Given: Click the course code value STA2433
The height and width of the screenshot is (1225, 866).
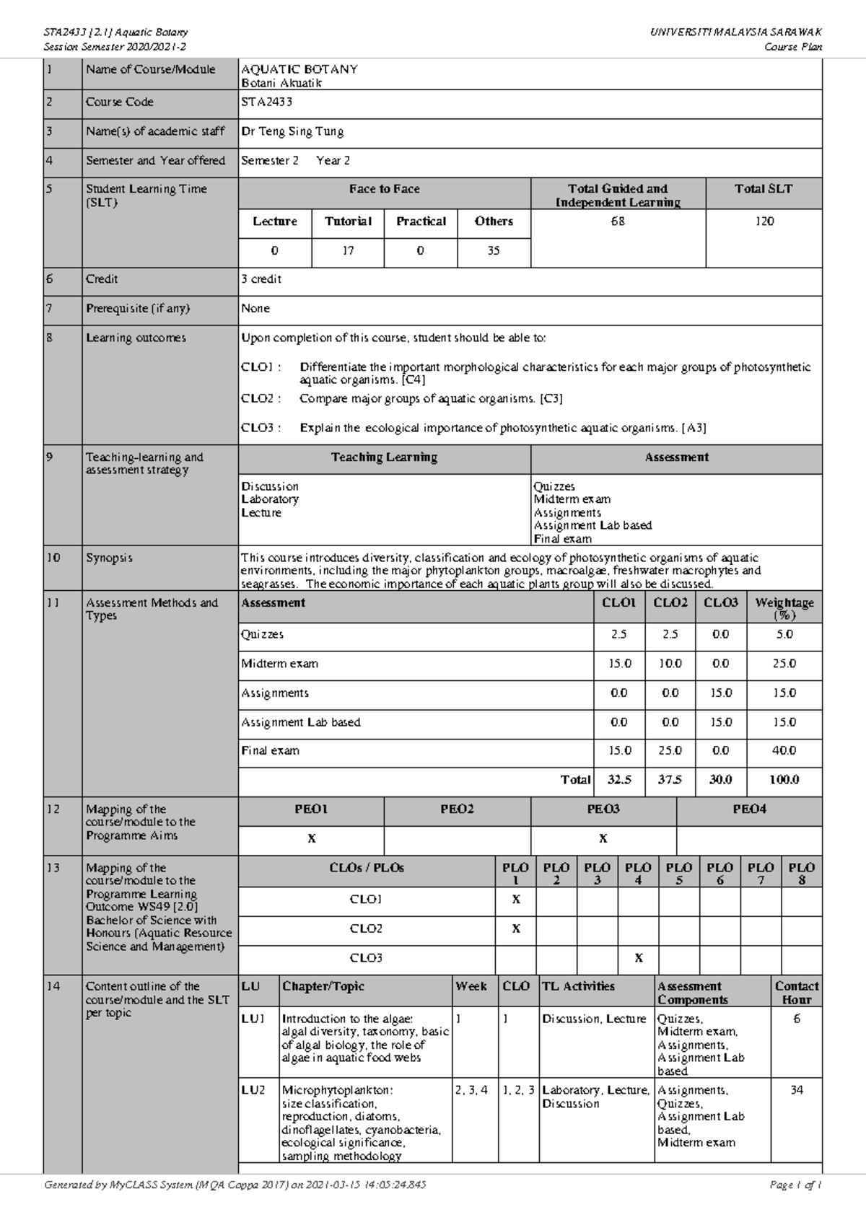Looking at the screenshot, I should tap(266, 102).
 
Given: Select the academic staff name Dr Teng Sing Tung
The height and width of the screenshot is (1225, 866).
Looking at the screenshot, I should tap(292, 132).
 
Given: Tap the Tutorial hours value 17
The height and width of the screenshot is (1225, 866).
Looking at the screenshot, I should tap(348, 251).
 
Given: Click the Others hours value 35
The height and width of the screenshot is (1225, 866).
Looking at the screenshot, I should tap(494, 251).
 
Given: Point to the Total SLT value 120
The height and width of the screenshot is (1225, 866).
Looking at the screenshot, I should tap(764, 221).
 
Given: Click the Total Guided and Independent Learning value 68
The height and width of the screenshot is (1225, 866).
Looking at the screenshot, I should tap(618, 221).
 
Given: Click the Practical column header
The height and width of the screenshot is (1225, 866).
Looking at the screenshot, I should tap(421, 221).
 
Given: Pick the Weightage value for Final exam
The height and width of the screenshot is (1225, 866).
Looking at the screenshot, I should tap(784, 751).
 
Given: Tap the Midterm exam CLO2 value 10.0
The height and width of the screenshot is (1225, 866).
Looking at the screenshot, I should tap(670, 664).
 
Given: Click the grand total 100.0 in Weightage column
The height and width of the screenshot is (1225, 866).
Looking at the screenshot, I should tap(784, 780).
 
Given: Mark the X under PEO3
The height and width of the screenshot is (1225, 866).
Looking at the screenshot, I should tap(603, 839).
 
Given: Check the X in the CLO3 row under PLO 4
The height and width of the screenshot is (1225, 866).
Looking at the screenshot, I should tap(638, 959).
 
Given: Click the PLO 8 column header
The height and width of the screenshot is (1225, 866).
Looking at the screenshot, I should tap(801, 873).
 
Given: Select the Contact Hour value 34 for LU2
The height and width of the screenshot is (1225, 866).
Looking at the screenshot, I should tap(797, 1090).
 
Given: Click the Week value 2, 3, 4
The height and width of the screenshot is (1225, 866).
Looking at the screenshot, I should tap(472, 1090).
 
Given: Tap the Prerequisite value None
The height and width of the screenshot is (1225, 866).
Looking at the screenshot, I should tap(255, 309).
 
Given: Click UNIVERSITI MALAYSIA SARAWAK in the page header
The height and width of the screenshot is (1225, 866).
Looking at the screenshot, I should tap(735, 32).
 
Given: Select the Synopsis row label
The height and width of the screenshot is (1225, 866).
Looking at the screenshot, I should tap(109, 558).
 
